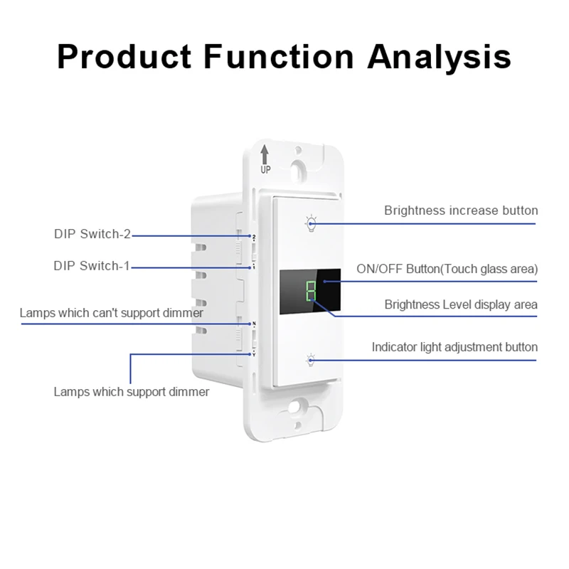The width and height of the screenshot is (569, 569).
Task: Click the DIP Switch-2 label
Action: (92, 233)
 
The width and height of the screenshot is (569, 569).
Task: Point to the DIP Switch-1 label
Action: (92, 266)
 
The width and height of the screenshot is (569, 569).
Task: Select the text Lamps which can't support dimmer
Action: (112, 312)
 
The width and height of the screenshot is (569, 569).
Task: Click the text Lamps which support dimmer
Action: (132, 392)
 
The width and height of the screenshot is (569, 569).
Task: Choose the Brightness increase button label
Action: (461, 211)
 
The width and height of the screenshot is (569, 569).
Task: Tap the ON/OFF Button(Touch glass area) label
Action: (447, 270)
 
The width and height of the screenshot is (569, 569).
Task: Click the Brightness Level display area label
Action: (461, 304)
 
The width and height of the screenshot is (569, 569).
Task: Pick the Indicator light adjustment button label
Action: (454, 347)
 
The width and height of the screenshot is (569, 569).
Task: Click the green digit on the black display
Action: (311, 291)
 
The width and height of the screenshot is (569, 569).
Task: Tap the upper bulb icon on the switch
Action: (311, 223)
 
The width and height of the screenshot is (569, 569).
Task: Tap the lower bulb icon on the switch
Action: (311, 360)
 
